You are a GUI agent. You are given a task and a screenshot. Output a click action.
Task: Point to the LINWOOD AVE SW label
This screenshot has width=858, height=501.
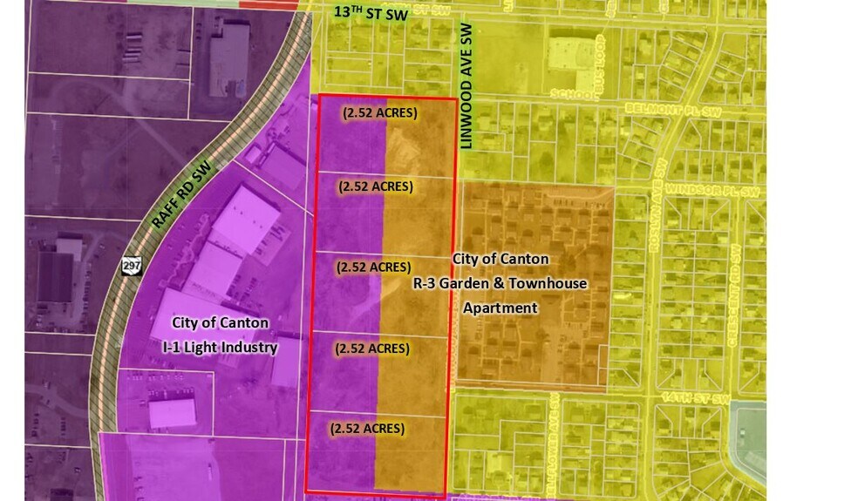click(x=466, y=87)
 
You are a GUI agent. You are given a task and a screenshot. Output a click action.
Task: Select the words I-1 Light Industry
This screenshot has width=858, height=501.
click(x=220, y=348)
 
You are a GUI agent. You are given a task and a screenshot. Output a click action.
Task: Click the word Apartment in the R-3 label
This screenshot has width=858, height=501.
click(x=500, y=308)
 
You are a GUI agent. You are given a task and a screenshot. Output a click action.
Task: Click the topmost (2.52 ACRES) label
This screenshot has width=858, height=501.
click(x=380, y=112)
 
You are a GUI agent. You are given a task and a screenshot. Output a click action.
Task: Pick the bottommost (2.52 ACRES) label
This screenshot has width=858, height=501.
click(x=366, y=428)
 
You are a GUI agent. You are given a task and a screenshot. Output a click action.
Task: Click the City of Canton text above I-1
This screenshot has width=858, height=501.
click(x=220, y=323)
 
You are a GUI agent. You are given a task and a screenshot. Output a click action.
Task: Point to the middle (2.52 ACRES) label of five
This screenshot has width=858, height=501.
click(x=373, y=267)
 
